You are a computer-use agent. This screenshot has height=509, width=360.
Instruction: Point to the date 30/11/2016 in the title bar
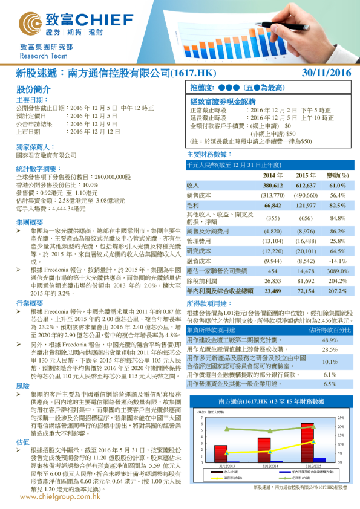pyautogui.click(x=326, y=73)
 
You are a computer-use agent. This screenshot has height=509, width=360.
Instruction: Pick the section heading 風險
pyautogui.click(x=22, y=368)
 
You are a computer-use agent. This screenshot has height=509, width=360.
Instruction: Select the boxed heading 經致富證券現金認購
pyautogui.click(x=223, y=102)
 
